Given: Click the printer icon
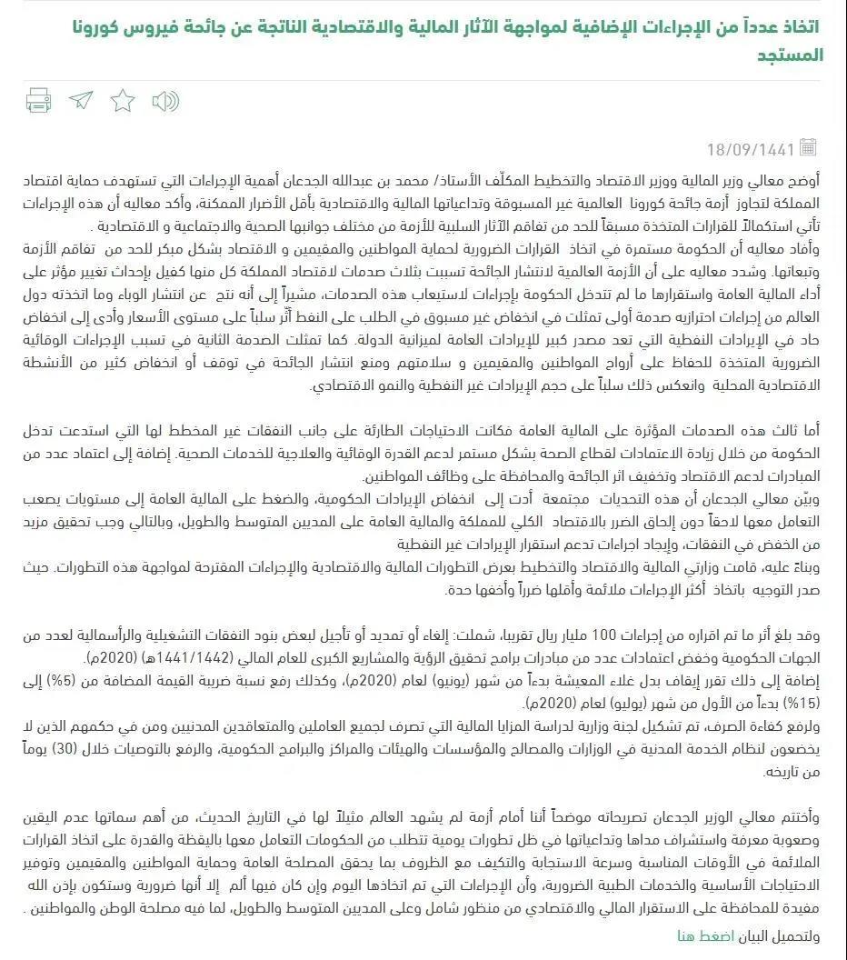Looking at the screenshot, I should pyautogui.click(x=38, y=100).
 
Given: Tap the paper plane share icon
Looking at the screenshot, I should pyautogui.click(x=81, y=100).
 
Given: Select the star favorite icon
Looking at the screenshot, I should pyautogui.click(x=123, y=100).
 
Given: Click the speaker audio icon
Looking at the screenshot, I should pyautogui.click(x=164, y=100).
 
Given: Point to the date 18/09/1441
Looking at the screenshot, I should pyautogui.click(x=751, y=148).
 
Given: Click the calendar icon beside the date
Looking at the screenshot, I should pyautogui.click(x=809, y=146).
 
